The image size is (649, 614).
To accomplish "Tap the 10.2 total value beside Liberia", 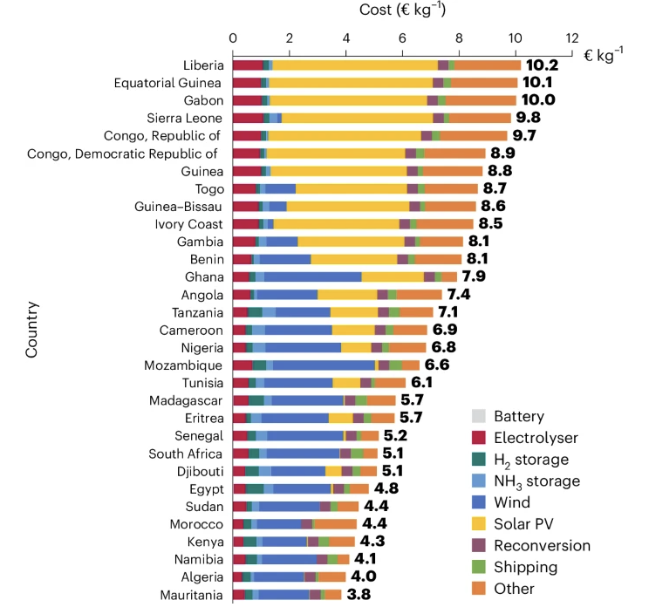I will (541, 65).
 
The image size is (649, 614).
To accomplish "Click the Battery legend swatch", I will (478, 417).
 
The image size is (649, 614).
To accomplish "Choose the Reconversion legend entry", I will (542, 546).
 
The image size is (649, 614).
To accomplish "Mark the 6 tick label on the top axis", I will (402, 38).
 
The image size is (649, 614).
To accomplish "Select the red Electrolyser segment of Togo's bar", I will (244, 188).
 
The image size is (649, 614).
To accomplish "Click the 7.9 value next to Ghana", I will (476, 277).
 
